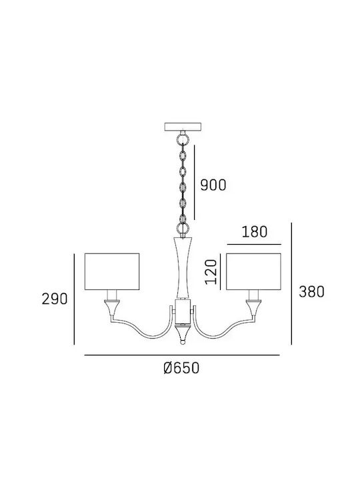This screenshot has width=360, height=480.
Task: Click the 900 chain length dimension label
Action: point(213,185)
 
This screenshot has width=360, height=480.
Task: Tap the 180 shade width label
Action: point(255,232)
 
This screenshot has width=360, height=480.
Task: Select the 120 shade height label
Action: point(211,272)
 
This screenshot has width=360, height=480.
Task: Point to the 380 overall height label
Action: point(311,292)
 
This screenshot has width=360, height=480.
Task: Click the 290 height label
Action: point(55,299)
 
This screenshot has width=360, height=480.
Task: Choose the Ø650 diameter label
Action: point(181,367)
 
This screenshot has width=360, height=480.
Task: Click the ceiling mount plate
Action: point(183,127)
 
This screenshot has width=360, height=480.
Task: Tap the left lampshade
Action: point(112,271)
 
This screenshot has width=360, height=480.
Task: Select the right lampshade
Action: point(253,271)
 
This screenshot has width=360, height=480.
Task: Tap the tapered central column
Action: point(183,267)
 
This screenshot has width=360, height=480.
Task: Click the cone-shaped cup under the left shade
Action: point(112,308)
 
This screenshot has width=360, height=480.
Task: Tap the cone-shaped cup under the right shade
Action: point(254,308)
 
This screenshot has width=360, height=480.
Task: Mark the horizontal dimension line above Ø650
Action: point(182,355)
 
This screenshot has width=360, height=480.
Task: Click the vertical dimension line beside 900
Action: point(195,183)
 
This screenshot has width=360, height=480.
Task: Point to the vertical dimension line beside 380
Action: point(291,283)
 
